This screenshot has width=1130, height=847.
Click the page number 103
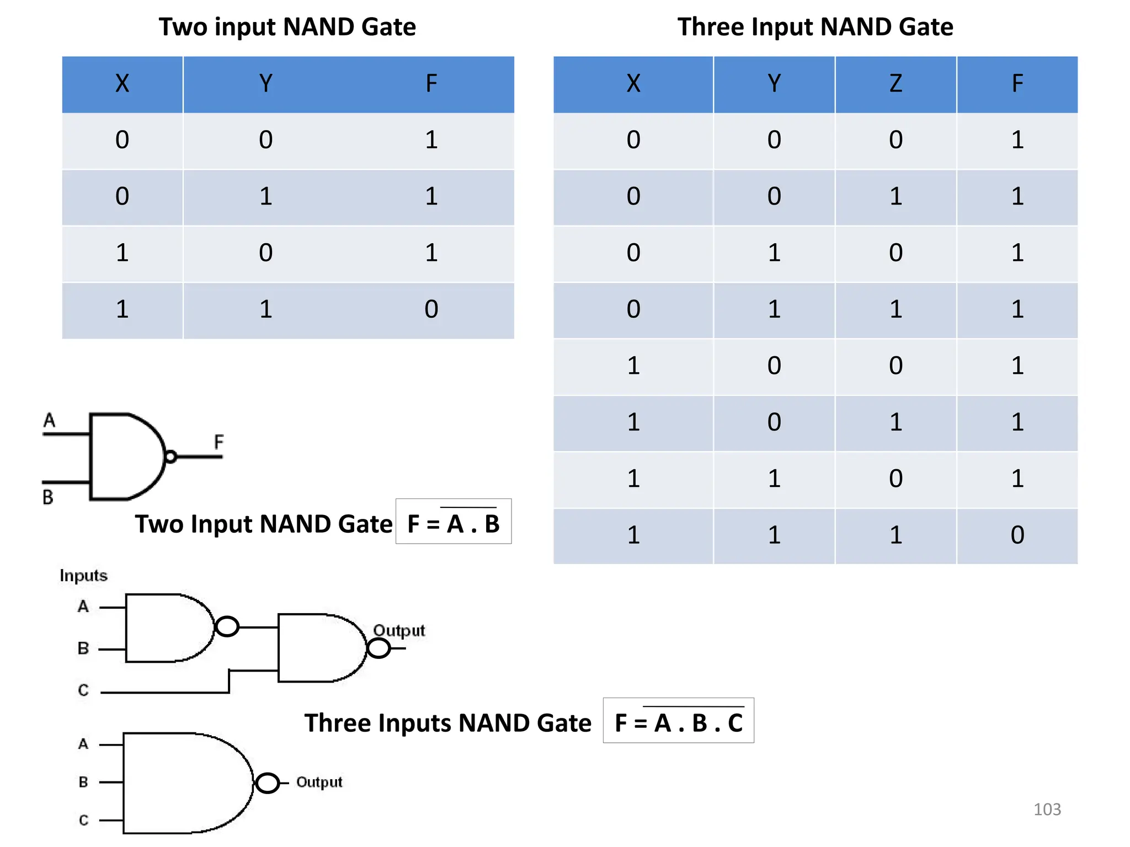(x=1047, y=809)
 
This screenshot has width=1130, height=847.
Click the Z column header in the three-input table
(x=895, y=84)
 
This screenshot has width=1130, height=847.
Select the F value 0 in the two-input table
(x=431, y=309)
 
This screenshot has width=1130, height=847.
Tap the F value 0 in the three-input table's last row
(x=1017, y=535)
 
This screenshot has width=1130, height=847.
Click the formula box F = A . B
(x=453, y=522)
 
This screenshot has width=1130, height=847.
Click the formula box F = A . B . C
(x=678, y=721)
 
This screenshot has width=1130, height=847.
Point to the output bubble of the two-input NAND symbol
(x=170, y=457)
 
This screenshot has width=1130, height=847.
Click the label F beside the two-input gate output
(x=219, y=442)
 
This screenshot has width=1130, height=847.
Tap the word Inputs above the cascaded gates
(x=83, y=576)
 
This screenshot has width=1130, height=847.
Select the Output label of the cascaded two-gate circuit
(x=399, y=630)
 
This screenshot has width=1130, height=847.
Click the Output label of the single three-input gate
(x=319, y=782)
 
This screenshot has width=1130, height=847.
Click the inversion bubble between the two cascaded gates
(x=227, y=626)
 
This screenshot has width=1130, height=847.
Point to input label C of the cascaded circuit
(x=83, y=690)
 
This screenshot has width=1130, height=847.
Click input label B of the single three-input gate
(x=83, y=782)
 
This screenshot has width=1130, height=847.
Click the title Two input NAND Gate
(x=287, y=26)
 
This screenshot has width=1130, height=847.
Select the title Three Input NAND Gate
(x=815, y=26)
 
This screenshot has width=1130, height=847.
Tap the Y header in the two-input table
(x=265, y=84)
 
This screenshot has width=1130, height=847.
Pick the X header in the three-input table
(x=633, y=84)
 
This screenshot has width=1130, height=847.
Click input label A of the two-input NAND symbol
(x=50, y=421)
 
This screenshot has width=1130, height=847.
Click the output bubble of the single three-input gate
(x=268, y=783)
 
